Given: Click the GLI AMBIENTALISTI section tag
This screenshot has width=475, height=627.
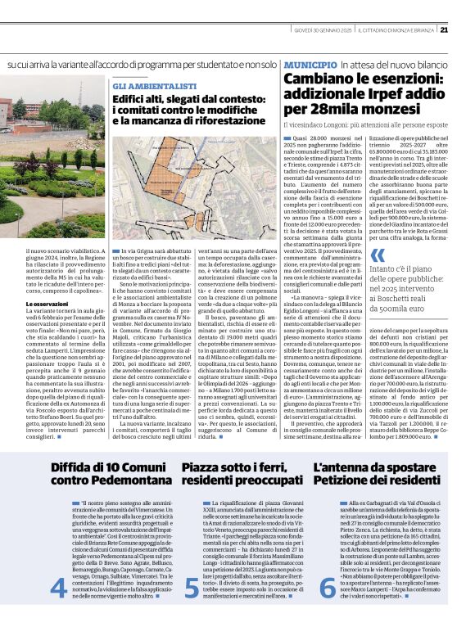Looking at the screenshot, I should coord(155,85).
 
